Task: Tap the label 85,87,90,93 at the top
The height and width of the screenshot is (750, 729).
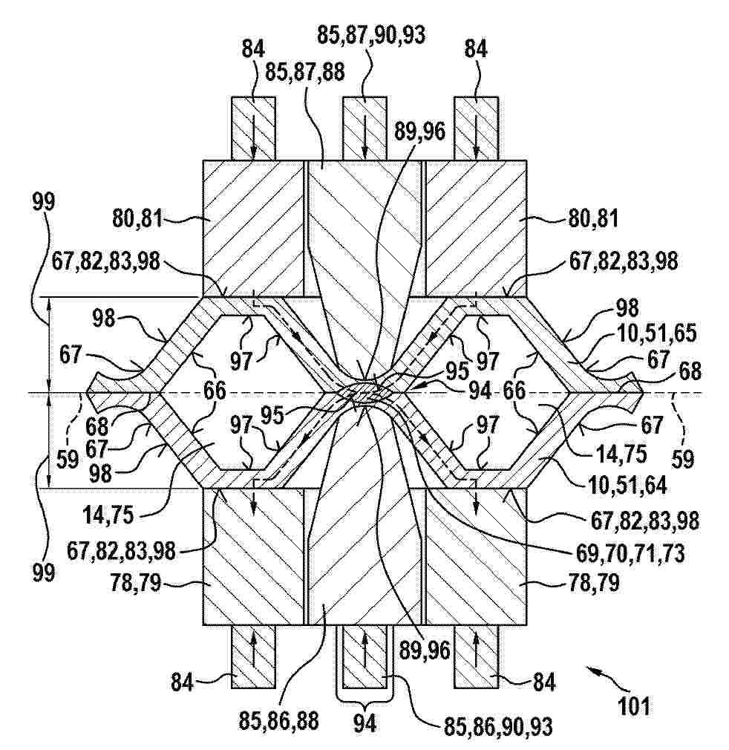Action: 371,36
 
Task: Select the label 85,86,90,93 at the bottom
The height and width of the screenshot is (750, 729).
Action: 499,727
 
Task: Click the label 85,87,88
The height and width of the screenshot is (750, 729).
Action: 305,74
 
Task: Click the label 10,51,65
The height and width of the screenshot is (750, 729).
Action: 656,333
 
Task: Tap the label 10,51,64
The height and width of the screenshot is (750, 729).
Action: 627,486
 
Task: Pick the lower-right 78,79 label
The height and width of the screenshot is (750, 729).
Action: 593,583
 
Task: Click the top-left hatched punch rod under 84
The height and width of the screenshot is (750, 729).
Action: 253,128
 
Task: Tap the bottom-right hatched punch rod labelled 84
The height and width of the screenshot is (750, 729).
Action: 476,656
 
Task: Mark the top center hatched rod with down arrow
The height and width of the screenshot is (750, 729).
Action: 364,128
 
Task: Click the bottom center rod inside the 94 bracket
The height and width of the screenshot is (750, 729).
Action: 364,656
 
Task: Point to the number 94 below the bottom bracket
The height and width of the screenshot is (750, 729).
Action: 364,724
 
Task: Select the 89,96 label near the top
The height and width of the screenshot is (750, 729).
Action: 419,131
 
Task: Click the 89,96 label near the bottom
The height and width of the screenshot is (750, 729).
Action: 425,650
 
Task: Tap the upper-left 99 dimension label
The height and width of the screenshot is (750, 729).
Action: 44,202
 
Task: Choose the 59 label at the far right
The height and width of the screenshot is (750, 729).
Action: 682,459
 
